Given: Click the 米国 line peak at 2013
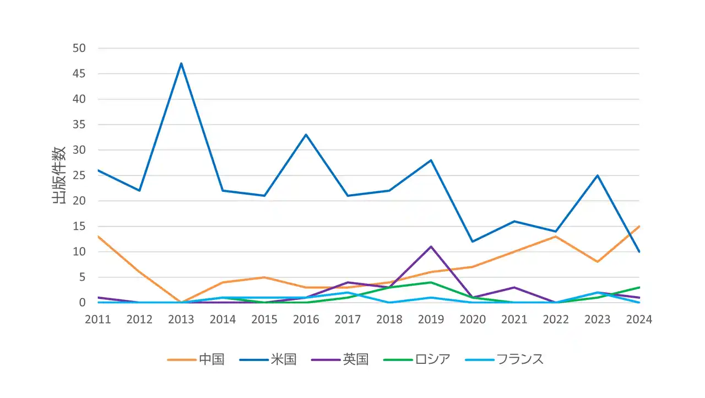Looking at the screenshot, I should click(181, 63).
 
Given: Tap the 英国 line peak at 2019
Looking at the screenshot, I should click(431, 246).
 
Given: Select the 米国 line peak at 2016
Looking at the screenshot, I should click(306, 135).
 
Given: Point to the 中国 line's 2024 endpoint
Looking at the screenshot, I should click(639, 226).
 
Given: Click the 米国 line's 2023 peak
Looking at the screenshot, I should click(597, 175).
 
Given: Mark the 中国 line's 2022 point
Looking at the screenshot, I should click(556, 236).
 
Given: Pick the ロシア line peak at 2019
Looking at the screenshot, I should click(431, 282).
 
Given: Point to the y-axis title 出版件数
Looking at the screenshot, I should click(59, 175).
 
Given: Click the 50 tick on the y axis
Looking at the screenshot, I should click(79, 49).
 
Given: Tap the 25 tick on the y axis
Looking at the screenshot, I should click(79, 175).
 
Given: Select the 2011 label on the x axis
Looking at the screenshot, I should click(98, 320).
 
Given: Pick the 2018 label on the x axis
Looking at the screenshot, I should click(389, 320).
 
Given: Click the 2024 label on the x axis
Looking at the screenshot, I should click(639, 320).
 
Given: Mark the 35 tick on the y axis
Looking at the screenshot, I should click(79, 125).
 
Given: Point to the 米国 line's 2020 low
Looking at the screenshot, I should click(473, 241).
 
